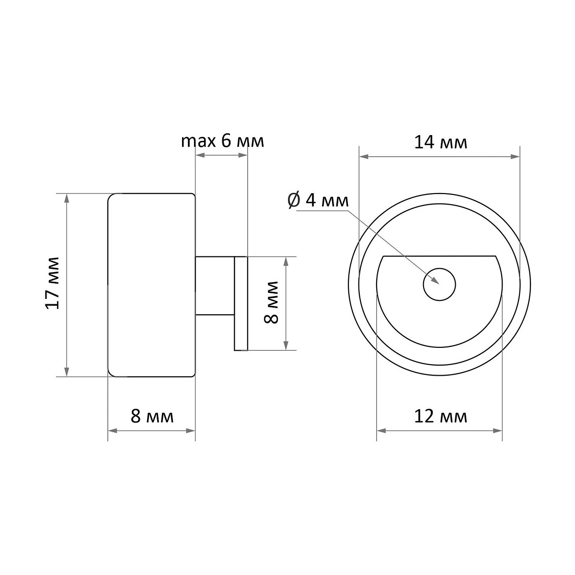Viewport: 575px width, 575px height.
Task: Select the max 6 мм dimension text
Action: [222, 141]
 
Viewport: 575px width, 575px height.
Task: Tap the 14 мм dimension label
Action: [441, 142]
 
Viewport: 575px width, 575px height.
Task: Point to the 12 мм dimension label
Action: [441, 416]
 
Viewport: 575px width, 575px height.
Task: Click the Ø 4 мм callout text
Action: [318, 200]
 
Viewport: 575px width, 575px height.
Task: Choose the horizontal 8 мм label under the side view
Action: [152, 416]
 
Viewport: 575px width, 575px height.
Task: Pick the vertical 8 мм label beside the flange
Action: [271, 302]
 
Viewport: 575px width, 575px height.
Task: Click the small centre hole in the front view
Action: [439, 284]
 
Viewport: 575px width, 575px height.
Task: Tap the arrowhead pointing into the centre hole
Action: [436, 280]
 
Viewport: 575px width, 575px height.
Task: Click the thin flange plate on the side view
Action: [241, 303]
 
